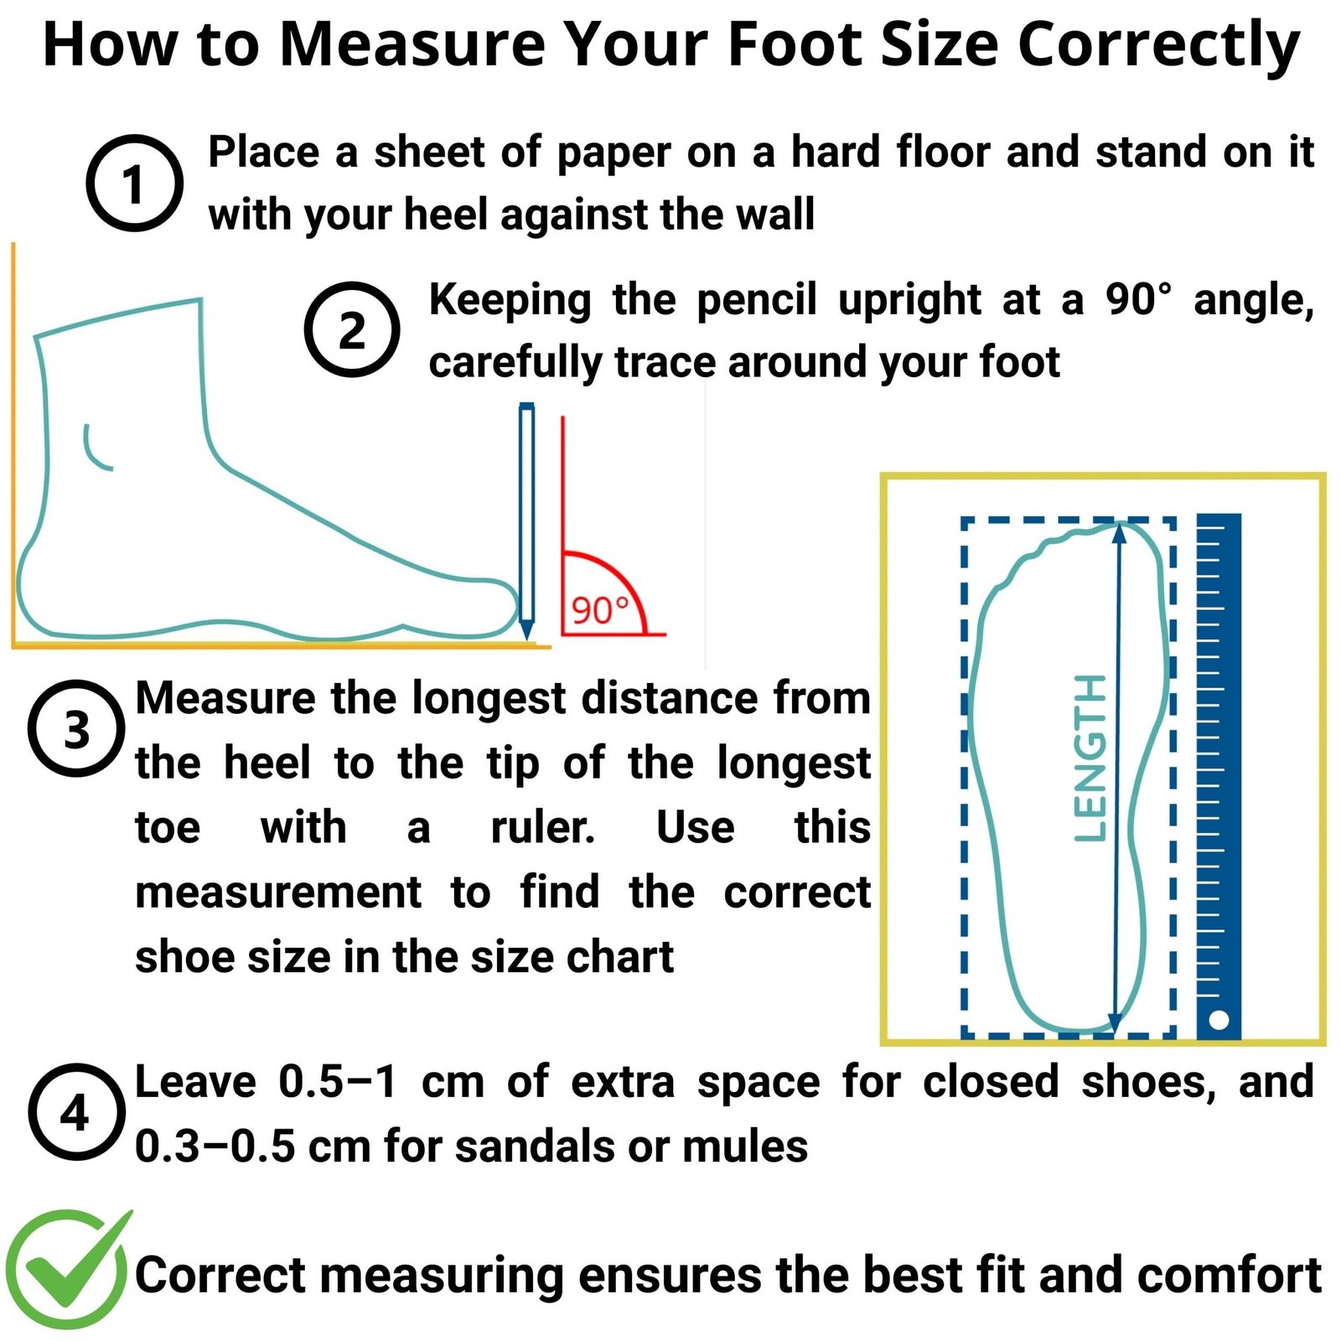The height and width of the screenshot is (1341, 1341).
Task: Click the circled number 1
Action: (134, 183)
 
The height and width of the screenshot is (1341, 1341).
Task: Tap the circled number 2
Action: (352, 329)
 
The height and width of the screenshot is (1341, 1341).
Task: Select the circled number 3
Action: (76, 728)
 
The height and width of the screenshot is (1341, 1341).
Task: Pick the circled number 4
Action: (76, 1112)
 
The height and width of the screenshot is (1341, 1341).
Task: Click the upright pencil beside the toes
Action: (526, 521)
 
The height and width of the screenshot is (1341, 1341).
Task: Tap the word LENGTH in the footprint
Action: (1090, 758)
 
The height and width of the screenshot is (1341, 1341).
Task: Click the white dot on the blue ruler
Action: (1219, 1020)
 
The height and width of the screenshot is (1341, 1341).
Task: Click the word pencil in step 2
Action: (756, 300)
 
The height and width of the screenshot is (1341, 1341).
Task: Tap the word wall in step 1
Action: (774, 214)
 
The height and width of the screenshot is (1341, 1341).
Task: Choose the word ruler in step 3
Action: (542, 827)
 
